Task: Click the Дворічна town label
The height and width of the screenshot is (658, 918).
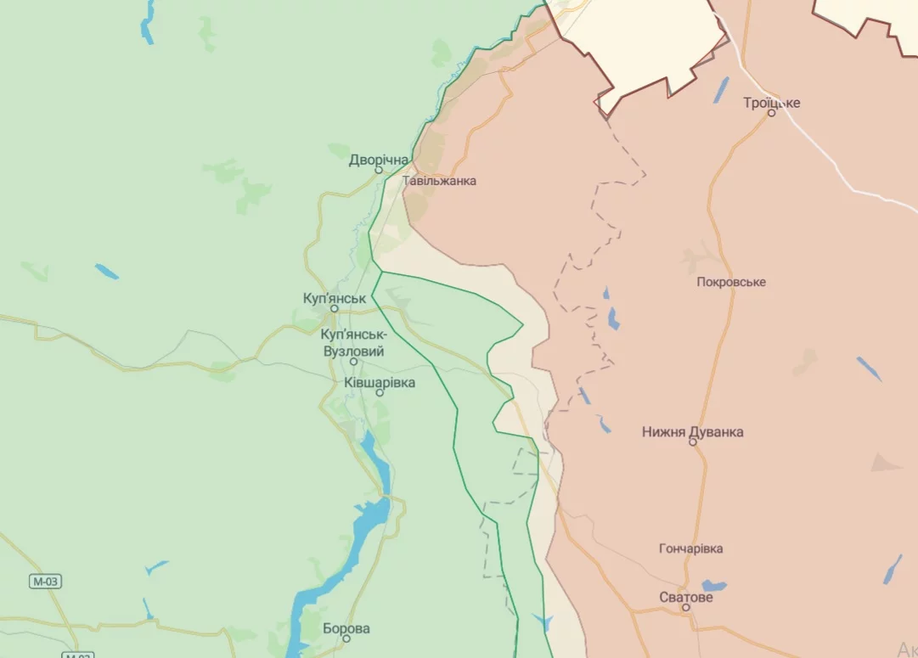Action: pos(379,159)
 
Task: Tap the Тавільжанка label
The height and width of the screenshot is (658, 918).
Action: pos(439,181)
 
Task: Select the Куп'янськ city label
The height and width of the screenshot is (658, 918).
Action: pos(335,299)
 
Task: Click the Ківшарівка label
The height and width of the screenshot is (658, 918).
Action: pos(380,383)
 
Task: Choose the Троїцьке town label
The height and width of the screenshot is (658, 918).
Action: pos(771,103)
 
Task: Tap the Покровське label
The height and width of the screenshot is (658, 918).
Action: pos(730,282)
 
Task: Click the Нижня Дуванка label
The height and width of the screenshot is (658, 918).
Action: pos(693,431)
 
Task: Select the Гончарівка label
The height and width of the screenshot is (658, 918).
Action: pos(691,548)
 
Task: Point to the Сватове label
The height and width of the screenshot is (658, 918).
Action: pos(686,597)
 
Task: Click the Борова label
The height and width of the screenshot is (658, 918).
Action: pos(346,629)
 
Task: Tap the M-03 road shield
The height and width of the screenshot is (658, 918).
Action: pos(47,582)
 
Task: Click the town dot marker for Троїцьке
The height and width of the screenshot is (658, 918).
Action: pos(772,113)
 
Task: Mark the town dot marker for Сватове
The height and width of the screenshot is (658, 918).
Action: pos(686,608)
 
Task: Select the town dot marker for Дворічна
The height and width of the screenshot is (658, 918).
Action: pos(380,170)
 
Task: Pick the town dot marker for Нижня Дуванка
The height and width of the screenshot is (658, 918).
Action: pos(693,442)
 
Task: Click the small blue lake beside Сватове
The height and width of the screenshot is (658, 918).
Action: pos(714,586)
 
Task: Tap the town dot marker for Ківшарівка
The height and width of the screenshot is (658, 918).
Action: pos(380,393)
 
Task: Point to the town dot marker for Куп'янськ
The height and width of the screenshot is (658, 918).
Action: pos(335,310)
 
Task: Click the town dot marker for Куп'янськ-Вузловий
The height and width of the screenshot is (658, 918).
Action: pos(354,362)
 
